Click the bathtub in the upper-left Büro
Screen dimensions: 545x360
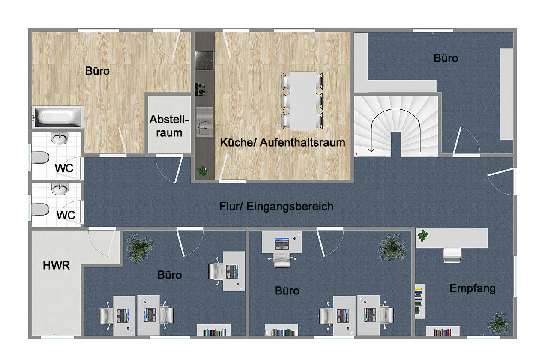tap(58, 117)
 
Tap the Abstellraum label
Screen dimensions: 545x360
tap(169, 126)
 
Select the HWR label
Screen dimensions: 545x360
tap(56, 265)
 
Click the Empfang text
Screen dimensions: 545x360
tap(473, 289)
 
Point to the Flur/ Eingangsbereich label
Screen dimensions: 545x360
tap(276, 207)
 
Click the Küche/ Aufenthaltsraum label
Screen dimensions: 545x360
tap(283, 143)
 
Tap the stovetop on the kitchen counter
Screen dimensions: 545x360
tap(204, 60)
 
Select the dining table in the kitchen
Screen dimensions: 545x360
tap(303, 101)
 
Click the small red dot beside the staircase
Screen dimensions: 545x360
tap(356, 154)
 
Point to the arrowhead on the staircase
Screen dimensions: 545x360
tap(371, 150)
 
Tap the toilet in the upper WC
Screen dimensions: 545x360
tap(40, 157)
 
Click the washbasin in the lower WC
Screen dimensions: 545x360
tap(60, 189)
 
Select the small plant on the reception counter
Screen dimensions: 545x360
tap(423, 236)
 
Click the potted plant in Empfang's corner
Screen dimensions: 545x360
tap(499, 323)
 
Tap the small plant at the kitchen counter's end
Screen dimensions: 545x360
tap(202, 171)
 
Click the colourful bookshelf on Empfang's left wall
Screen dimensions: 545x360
tap(420, 301)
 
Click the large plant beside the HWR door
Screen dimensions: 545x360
tap(139, 248)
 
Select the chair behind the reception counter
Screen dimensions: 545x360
tap(452, 255)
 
